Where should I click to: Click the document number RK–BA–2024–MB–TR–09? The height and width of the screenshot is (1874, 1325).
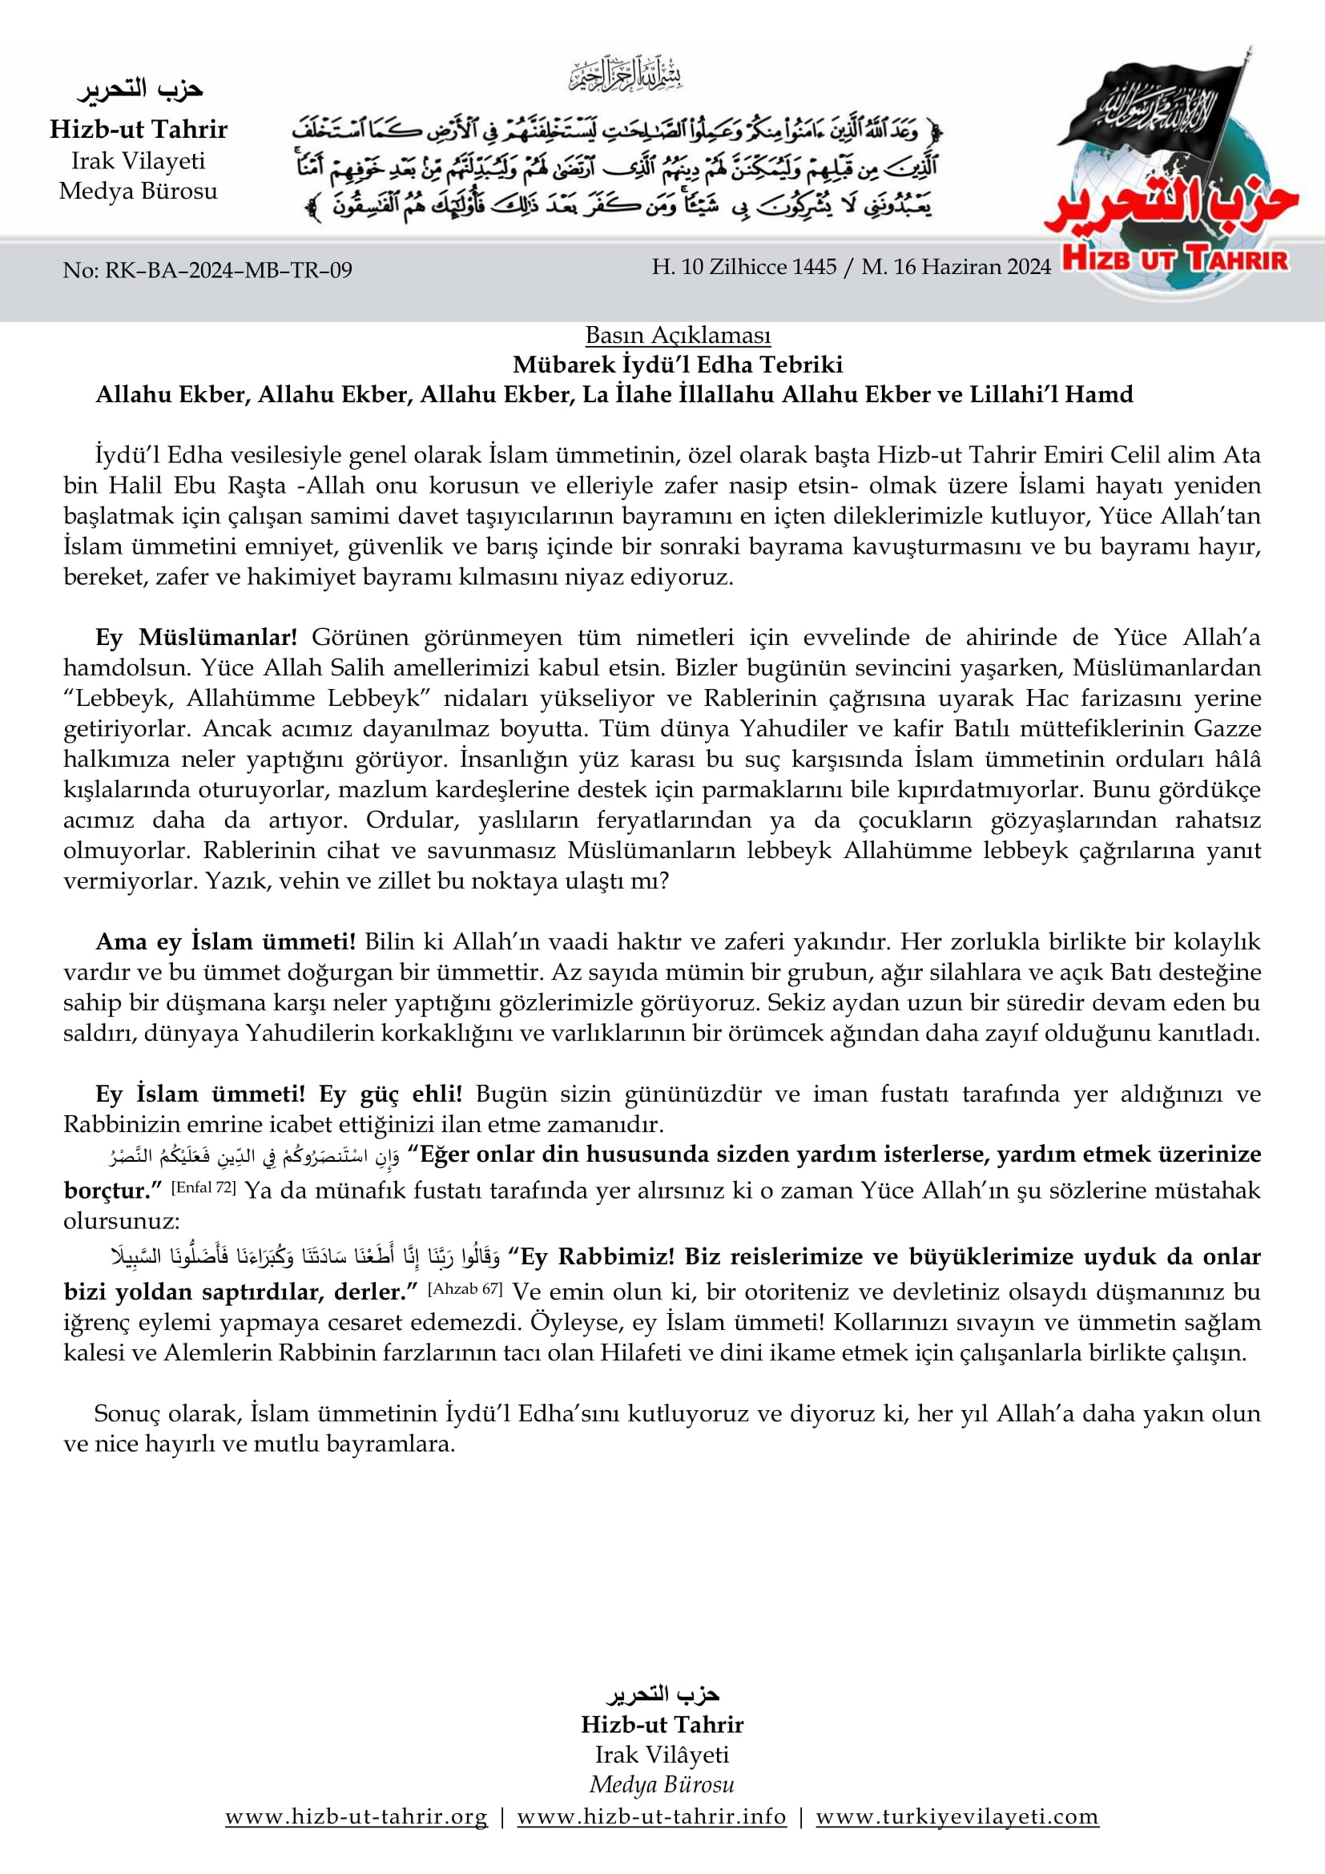point(207,270)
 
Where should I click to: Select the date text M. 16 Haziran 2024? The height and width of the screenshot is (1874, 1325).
point(956,267)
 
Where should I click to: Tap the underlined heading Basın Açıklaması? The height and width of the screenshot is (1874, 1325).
point(677,335)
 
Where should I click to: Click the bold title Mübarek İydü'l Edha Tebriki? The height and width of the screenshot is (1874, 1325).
point(677,364)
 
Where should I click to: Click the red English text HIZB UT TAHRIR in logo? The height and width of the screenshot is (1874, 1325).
point(1175,260)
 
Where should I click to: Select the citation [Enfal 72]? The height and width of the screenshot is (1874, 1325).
point(203,1187)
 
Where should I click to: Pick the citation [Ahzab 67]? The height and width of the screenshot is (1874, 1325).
point(465,1289)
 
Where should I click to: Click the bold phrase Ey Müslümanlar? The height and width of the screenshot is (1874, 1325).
point(196,637)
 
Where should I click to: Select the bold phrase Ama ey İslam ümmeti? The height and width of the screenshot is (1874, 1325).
point(225,941)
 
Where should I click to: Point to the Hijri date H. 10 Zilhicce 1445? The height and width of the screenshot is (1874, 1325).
point(744,267)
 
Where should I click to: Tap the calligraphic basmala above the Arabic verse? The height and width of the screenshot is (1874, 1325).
point(626,75)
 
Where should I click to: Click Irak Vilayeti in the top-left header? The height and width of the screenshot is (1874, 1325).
point(138,161)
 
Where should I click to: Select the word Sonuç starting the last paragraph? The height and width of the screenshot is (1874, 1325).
point(127,1413)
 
